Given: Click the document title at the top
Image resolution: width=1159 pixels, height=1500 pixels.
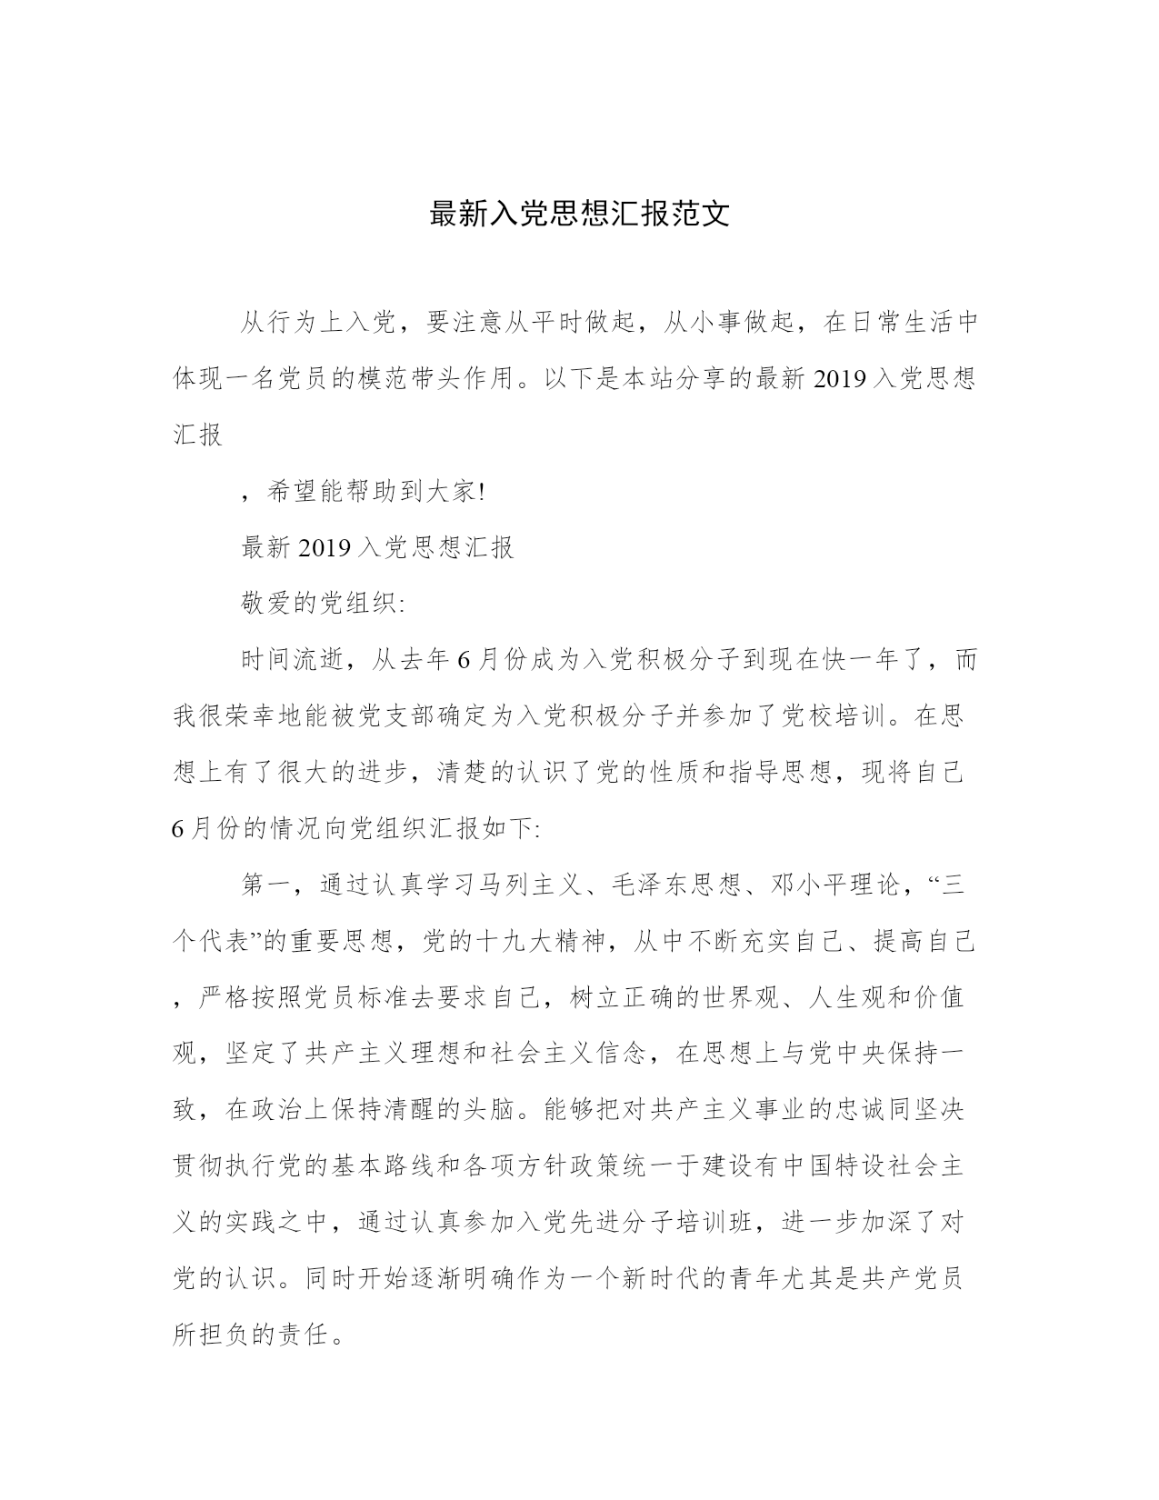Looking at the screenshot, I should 579,215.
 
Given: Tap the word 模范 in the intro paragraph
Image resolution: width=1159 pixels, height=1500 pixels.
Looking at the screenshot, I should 411,379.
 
